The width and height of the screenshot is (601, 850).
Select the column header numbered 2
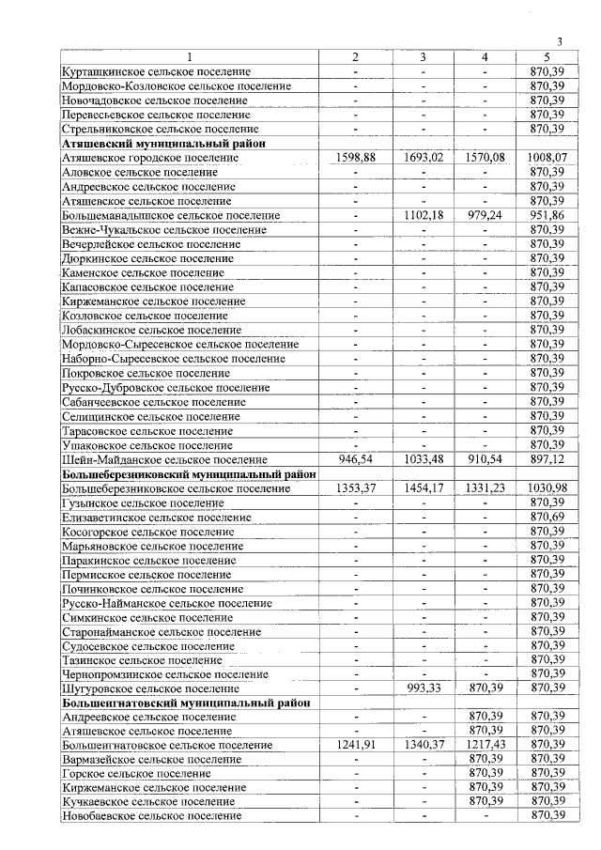tap(355, 57)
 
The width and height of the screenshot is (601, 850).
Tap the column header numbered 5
tap(546, 57)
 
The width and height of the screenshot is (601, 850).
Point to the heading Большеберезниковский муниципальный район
tap(189, 474)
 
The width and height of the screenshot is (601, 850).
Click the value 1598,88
tap(355, 158)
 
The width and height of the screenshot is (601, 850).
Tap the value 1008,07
tap(546, 158)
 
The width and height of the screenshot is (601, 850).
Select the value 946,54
tap(355, 460)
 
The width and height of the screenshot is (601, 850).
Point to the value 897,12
tap(546, 460)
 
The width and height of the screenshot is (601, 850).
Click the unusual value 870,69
tap(546, 517)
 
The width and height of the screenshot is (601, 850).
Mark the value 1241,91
tap(355, 745)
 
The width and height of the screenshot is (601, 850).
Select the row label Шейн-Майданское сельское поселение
tap(163, 460)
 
